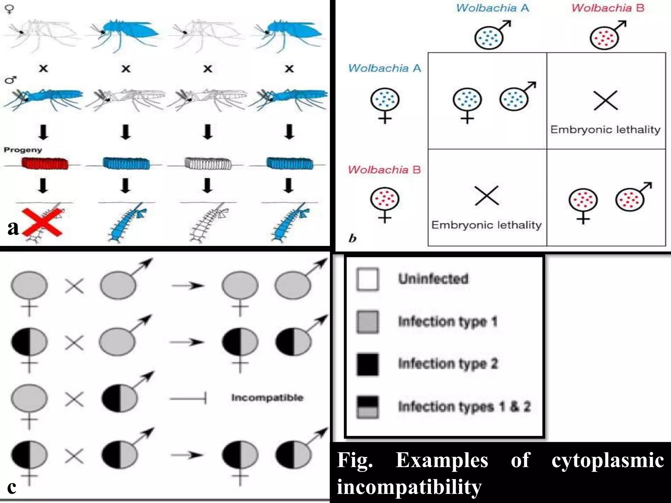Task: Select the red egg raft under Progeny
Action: coord(45,163)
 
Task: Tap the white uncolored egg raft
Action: coord(208,163)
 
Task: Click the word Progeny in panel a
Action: coord(23,150)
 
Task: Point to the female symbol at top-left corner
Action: coord(10,9)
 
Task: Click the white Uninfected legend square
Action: coord(368,279)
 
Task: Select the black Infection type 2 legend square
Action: coord(368,364)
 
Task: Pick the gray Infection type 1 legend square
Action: coord(368,322)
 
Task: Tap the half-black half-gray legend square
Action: coord(368,407)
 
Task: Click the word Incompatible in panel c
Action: coord(267,398)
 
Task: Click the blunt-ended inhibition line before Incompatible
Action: coord(188,399)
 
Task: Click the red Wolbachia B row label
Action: coord(384,170)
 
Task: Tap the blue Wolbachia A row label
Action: coord(384,68)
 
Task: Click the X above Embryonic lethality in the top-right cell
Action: coord(605,100)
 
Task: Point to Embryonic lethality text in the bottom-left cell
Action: coord(487,225)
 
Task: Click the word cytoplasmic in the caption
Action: coord(608,460)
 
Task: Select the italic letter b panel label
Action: coord(353,238)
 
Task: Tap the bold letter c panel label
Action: coord(12,487)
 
